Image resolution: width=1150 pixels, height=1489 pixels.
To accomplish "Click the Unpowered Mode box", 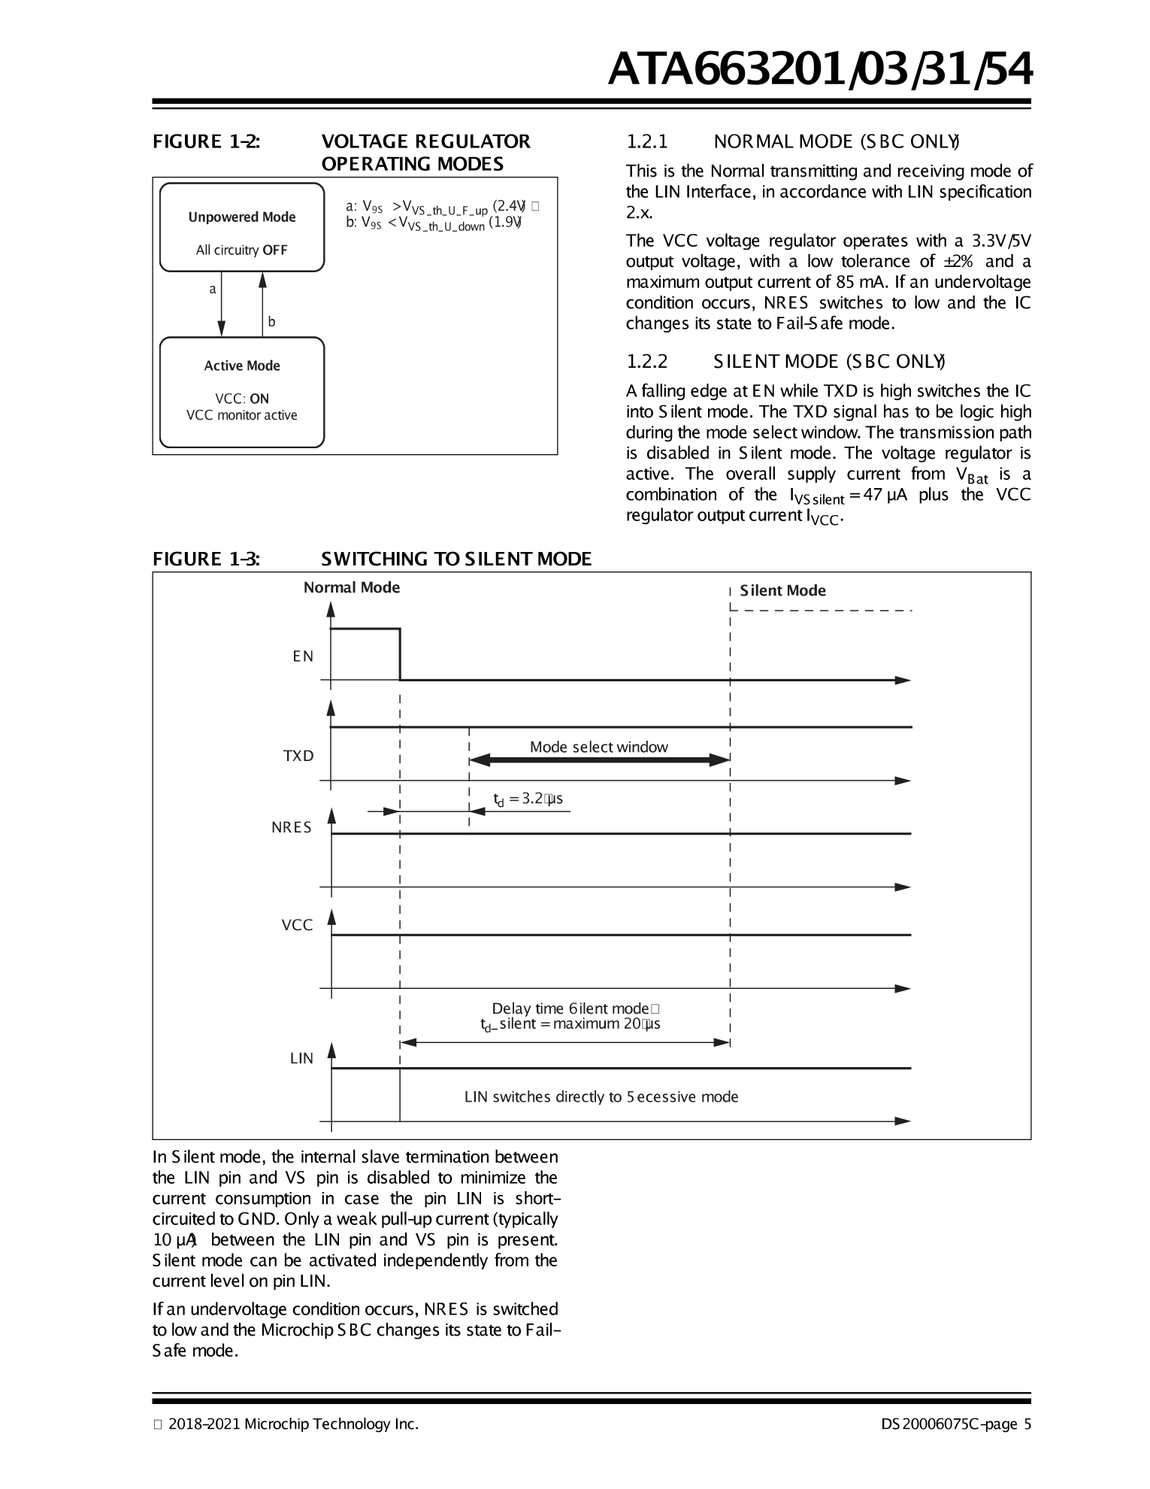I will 241,227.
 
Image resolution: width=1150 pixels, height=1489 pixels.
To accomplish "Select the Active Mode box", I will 241,392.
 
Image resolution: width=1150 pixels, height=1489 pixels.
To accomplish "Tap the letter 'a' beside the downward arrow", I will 213,289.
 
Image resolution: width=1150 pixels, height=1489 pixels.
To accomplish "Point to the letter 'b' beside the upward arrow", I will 271,322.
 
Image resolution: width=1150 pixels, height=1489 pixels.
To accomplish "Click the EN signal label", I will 303,657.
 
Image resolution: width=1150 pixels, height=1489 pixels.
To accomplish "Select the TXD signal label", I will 298,756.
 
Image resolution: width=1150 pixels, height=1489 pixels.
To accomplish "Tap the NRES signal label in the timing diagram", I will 292,827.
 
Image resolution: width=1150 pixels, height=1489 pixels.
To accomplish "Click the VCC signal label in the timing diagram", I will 297,925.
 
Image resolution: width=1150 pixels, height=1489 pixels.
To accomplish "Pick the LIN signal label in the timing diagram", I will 301,1058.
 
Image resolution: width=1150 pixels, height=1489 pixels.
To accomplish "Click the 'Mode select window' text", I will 598,747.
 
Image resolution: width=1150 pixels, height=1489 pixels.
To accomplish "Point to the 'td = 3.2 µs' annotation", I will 528,799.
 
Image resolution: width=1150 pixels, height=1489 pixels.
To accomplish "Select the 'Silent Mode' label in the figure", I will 782,590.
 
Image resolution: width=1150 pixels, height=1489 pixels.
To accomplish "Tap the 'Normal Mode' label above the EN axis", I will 351,587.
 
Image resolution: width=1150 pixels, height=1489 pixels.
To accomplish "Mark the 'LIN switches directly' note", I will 601,1096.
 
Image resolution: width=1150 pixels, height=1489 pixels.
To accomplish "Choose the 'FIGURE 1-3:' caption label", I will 207,559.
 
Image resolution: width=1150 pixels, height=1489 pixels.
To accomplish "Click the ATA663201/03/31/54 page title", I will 819,70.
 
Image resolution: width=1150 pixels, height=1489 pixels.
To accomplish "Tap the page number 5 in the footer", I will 1027,1424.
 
